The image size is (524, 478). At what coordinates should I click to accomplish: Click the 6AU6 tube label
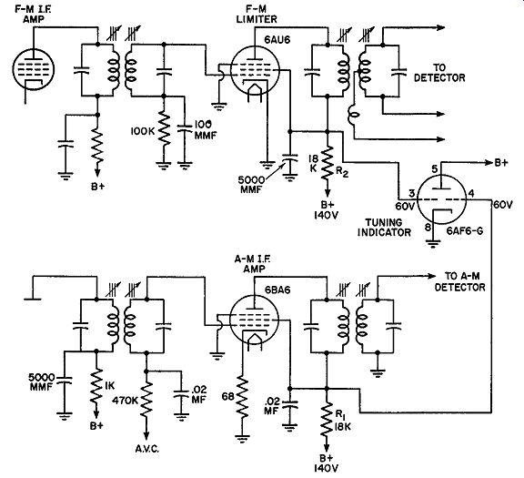tap(277, 40)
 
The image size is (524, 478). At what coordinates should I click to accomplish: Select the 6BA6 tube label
tap(277, 290)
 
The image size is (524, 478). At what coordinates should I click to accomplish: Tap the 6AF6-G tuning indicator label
tap(465, 230)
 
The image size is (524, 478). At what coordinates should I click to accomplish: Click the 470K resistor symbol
tap(146, 400)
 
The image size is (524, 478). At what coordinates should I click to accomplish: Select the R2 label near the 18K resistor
tap(341, 172)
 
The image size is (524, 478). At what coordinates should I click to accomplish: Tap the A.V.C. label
tap(147, 449)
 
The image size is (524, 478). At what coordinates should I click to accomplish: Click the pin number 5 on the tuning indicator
tap(434, 169)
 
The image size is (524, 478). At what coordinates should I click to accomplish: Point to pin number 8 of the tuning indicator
tap(428, 228)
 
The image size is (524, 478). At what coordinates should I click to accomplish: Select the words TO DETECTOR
tap(439, 73)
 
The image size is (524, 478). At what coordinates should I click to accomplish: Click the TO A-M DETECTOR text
tap(459, 281)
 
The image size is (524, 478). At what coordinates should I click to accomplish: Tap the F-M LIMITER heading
tap(257, 15)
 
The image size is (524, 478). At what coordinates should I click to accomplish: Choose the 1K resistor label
tap(109, 386)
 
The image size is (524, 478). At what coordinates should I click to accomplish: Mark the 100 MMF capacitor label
tap(203, 129)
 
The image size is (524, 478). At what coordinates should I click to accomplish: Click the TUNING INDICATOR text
tap(384, 227)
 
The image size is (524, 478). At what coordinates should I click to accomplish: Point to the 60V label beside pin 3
tap(405, 207)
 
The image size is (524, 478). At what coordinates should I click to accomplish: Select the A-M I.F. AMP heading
tap(252, 264)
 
